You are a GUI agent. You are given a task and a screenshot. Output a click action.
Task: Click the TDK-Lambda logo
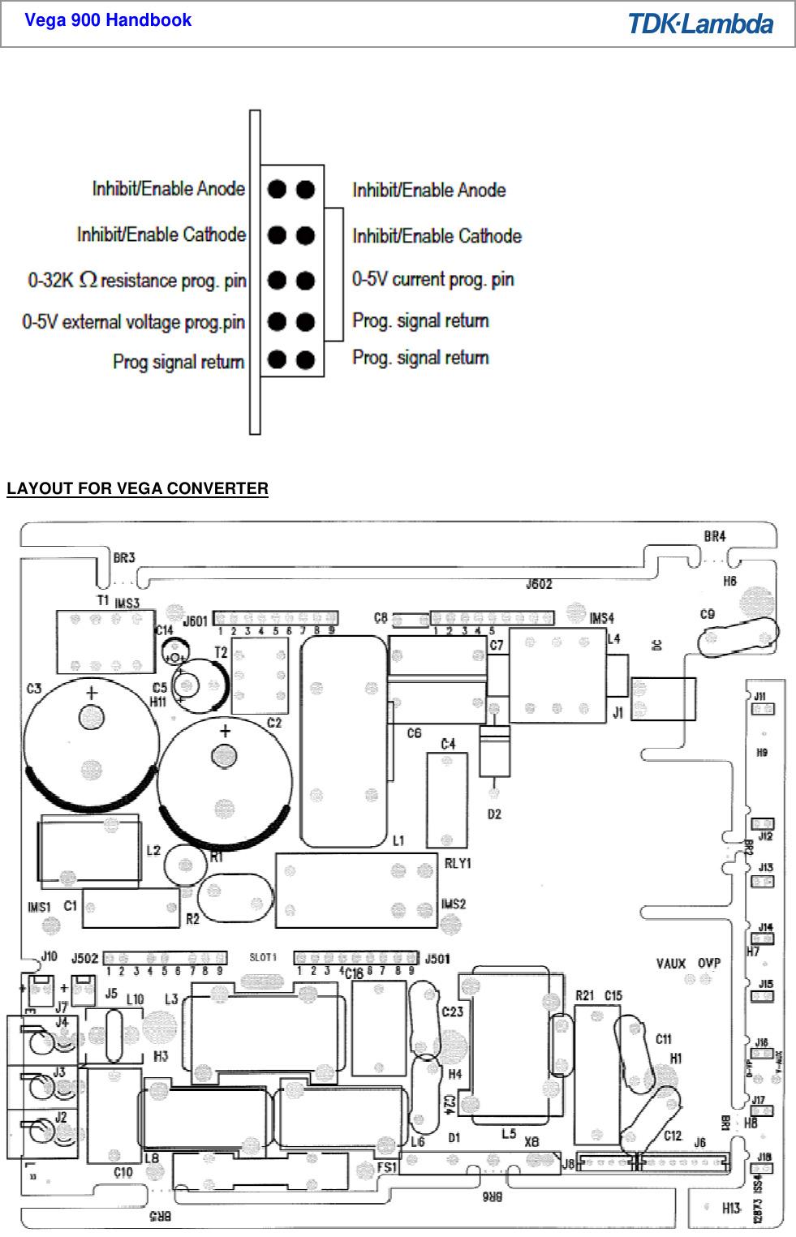pos(700,24)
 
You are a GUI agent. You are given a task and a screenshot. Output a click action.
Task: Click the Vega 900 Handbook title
pos(108,20)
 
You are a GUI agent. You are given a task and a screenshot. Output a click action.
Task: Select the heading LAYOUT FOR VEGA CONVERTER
pos(137,488)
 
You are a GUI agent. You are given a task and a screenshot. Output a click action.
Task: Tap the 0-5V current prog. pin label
pos(432,279)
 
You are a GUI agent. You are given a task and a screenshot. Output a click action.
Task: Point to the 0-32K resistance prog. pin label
pos(137,281)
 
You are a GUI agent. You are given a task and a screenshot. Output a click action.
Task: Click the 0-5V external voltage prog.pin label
pos(133,322)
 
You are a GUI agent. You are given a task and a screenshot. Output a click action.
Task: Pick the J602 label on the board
pos(539,584)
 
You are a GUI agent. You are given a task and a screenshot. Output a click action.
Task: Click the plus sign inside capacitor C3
pos(92,693)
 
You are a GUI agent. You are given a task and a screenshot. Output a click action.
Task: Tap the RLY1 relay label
pos(458,864)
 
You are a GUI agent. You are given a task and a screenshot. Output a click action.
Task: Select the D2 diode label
pos(494,814)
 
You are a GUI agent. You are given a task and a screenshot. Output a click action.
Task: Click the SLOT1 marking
pos(263,958)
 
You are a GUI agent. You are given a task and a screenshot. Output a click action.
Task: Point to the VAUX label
pos(671,964)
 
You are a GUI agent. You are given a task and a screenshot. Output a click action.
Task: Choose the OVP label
pos(709,964)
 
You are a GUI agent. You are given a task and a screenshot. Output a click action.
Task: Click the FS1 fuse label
pos(387,1167)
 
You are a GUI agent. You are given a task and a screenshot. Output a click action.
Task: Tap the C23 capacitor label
pos(453,1012)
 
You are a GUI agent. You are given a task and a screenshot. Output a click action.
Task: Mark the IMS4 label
pos(601,619)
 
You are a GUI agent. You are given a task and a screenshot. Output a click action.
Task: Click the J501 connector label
pos(437,959)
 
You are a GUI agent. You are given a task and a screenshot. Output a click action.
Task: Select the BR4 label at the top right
pos(715,536)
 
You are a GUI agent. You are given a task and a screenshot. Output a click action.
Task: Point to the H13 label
pos(731,1209)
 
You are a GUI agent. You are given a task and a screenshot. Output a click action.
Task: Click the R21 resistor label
pos(585,995)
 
